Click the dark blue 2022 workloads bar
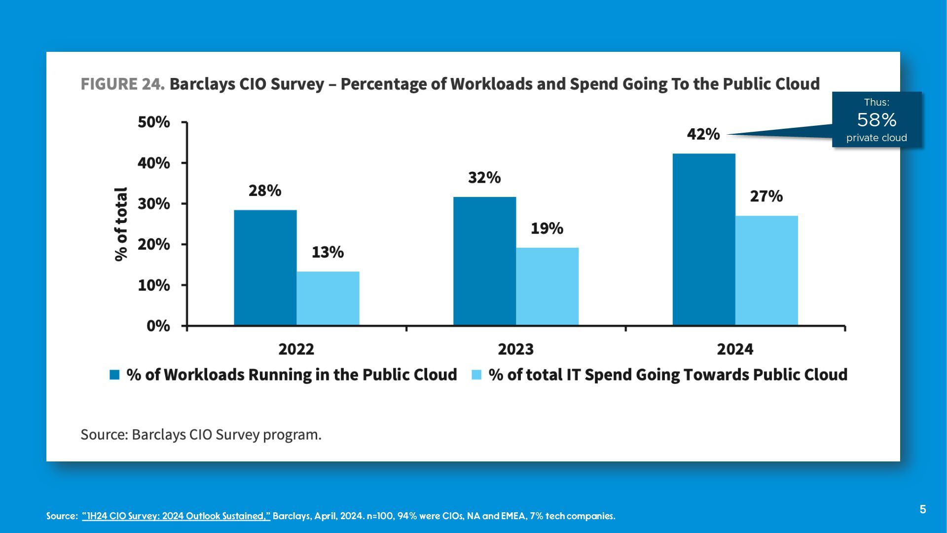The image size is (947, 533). point(265,267)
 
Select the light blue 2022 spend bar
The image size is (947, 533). point(328,298)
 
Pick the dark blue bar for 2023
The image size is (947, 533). point(484,261)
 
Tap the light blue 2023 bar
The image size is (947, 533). point(547,286)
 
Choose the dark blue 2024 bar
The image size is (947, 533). point(704,239)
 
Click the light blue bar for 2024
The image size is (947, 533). point(766,270)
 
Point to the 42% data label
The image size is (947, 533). point(703,134)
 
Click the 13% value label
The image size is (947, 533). point(328,252)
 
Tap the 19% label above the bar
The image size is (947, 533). point(546,228)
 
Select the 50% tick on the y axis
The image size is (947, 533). point(154,122)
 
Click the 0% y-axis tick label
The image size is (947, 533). point(158,326)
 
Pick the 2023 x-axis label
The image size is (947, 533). point(515,349)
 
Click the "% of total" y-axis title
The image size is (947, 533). point(121,224)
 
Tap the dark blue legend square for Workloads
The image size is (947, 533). point(114,375)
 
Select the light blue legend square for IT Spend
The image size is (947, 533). point(476,375)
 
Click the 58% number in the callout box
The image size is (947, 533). point(876,120)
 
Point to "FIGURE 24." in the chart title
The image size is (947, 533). point(122,84)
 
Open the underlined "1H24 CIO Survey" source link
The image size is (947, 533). point(176,516)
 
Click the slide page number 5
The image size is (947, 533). point(923,509)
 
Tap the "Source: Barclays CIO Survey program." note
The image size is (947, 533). point(201,435)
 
